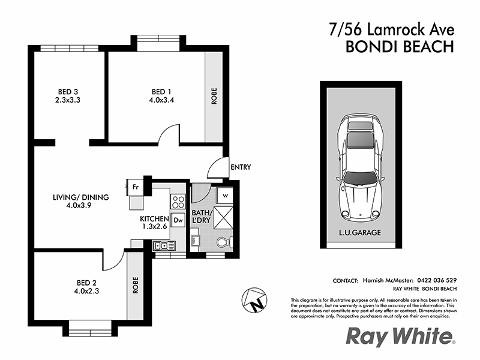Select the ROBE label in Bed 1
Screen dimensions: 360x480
pyautogui.click(x=214, y=97)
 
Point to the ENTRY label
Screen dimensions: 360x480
pyautogui.click(x=240, y=167)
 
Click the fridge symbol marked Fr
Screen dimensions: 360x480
pyautogui.click(x=136, y=187)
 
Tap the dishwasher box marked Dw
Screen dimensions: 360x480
pyautogui.click(x=178, y=220)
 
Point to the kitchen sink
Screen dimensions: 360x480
pyautogui.click(x=162, y=244)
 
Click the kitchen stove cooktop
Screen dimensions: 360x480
pyautogui.click(x=178, y=200)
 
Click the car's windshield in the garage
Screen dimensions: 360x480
pyautogui.click(x=360, y=179)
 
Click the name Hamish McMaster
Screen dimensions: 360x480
pyautogui.click(x=391, y=280)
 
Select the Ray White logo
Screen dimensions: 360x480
pyautogui.click(x=401, y=337)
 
